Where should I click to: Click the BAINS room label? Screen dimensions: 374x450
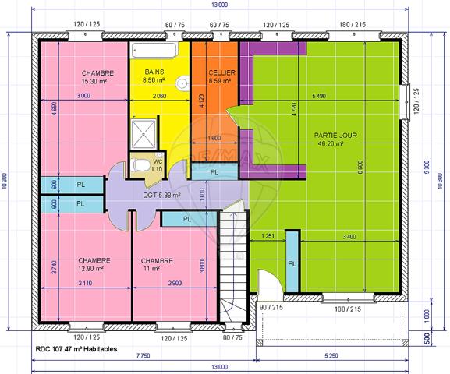tap(154, 72)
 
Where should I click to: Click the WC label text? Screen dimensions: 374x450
tap(157, 161)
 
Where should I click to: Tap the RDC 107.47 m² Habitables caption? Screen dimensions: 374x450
tap(76, 349)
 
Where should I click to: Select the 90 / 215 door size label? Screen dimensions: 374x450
tap(271, 309)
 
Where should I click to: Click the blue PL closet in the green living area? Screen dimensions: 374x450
tap(292, 263)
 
